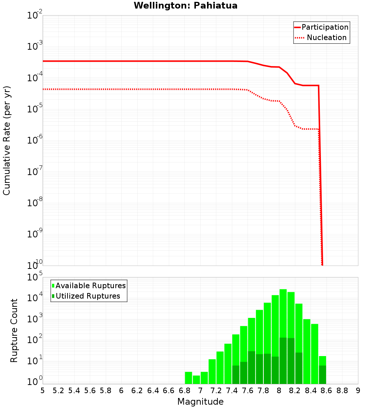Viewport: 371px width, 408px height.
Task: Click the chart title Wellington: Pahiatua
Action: [x=185, y=6]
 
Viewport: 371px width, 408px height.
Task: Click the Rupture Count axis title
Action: [x=14, y=330]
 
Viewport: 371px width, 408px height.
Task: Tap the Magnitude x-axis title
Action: [x=200, y=402]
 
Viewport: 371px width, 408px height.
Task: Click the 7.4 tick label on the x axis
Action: [x=232, y=390]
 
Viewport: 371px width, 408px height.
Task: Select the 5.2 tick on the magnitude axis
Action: [x=59, y=390]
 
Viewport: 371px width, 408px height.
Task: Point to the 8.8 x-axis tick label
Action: [x=342, y=390]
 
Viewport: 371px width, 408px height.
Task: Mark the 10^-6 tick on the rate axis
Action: [x=35, y=140]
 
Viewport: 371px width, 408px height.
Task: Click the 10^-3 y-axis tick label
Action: [x=35, y=46]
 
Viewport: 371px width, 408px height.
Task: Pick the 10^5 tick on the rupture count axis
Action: [x=35, y=277]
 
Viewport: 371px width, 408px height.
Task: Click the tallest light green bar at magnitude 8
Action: [x=283, y=315]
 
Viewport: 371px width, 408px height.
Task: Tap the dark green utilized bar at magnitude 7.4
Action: [x=236, y=375]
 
